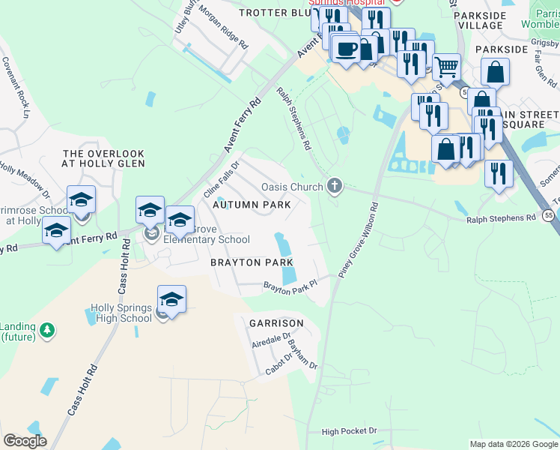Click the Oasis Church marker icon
click(x=335, y=186)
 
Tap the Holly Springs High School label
click(x=121, y=313)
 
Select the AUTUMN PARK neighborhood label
click(x=251, y=204)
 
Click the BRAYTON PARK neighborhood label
click(x=251, y=262)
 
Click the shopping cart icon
click(x=446, y=67)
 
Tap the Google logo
click(x=25, y=441)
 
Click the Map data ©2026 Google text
click(x=514, y=444)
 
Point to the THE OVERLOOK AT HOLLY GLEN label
click(x=103, y=158)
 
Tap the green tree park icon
click(x=47, y=330)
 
